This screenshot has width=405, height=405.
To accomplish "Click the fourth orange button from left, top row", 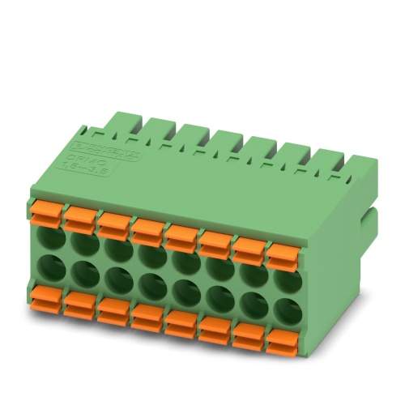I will [x=147, y=229].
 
